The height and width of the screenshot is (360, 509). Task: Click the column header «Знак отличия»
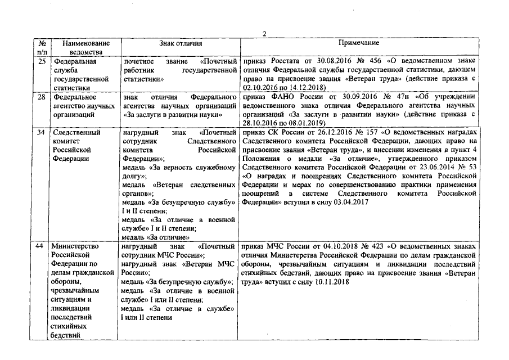tap(180, 43)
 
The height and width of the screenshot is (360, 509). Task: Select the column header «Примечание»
tap(358, 43)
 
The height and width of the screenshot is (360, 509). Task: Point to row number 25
tap(41, 61)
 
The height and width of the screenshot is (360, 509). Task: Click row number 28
tap(41, 97)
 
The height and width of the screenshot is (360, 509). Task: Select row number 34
tap(41, 133)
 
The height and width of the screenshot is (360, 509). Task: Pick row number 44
tap(41, 246)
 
